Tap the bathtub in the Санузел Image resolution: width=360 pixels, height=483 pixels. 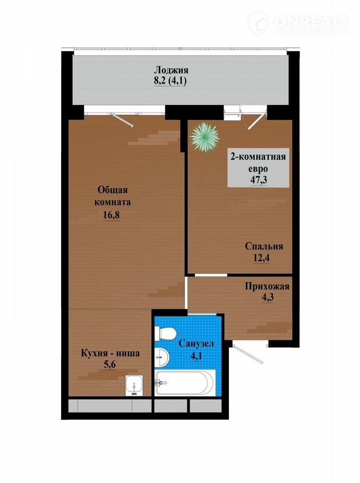184,383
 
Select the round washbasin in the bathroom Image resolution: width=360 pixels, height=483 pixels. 161,357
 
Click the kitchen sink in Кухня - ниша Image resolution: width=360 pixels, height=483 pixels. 134,385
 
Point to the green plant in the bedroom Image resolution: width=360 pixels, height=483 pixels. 205,137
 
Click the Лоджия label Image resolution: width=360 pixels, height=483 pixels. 171,70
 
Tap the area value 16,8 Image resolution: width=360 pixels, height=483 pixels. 111,215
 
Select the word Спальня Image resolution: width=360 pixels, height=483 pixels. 264,246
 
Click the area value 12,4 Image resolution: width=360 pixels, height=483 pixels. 261,258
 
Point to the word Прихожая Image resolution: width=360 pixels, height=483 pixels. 267,287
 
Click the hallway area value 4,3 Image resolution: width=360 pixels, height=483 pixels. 267,298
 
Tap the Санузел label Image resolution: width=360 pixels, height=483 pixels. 196,344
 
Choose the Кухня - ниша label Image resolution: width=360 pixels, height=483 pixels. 110,353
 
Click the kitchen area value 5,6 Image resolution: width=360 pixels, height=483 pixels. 109,365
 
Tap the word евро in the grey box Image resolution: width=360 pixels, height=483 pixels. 258,169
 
